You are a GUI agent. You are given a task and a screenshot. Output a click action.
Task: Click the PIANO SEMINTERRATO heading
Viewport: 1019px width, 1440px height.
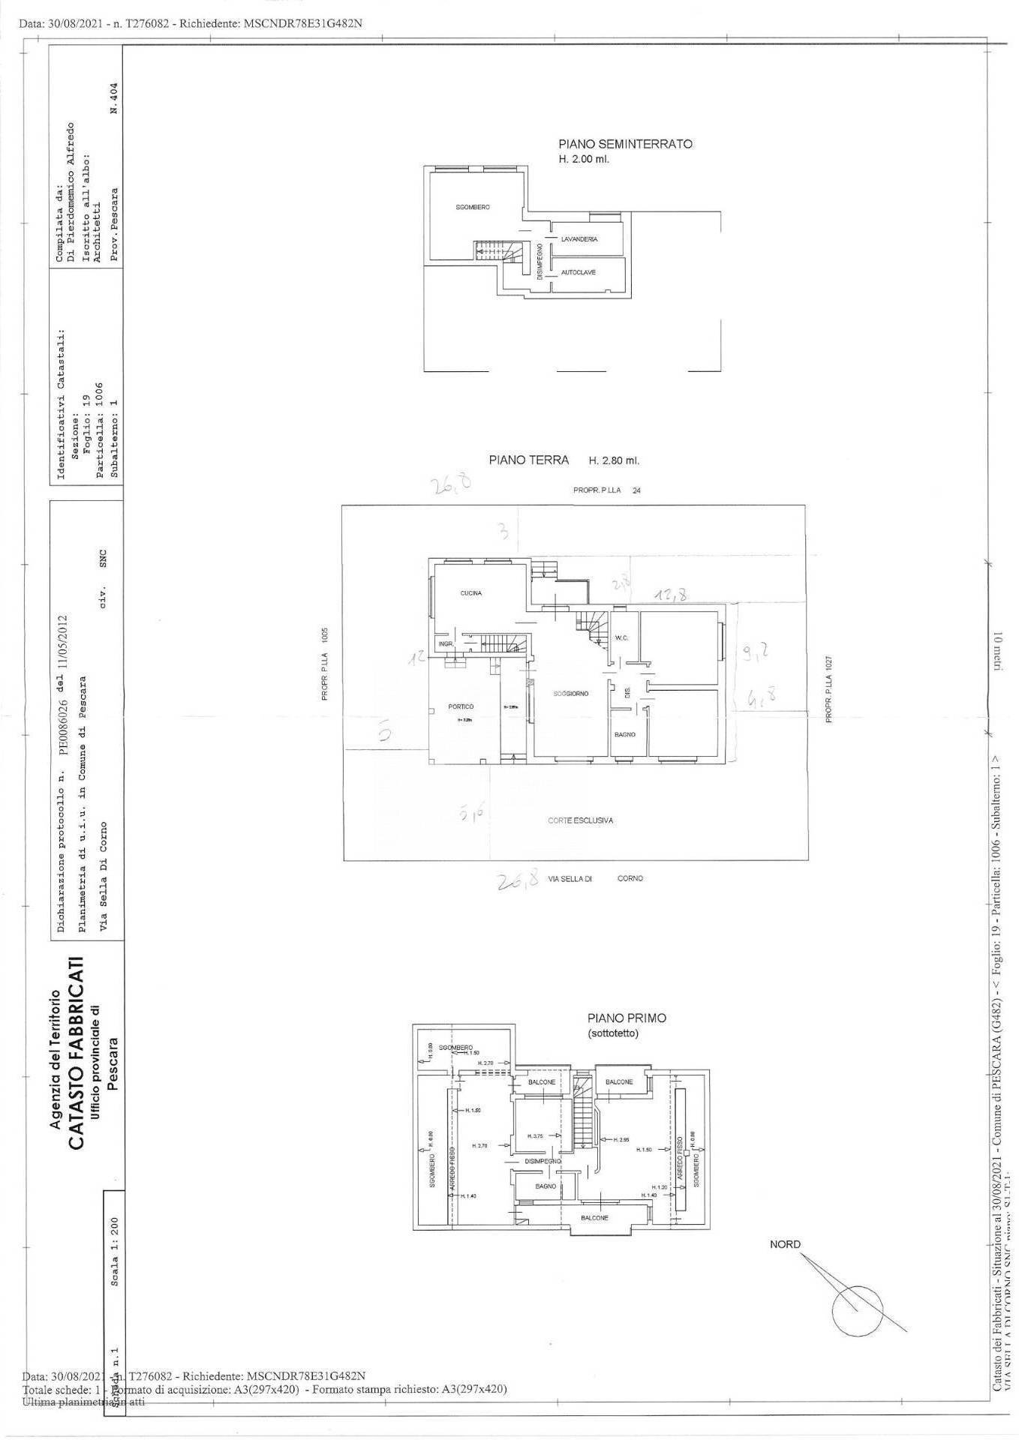(625, 144)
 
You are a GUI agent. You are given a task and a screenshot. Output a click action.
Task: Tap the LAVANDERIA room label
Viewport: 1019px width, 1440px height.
(579, 238)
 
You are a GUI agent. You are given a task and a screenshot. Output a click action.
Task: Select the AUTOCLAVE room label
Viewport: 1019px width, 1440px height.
(578, 272)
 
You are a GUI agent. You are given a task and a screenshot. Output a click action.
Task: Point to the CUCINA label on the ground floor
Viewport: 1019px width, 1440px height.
(471, 593)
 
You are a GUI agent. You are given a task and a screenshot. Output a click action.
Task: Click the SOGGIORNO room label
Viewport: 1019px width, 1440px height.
(571, 694)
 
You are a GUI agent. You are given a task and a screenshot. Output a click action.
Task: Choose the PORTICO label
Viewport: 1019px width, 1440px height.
(461, 706)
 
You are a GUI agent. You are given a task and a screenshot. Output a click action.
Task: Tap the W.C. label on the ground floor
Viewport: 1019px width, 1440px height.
(621, 638)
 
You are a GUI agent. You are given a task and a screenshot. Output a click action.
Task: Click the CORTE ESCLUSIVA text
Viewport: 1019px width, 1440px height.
(580, 820)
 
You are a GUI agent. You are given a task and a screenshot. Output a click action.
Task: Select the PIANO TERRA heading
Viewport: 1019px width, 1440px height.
(529, 460)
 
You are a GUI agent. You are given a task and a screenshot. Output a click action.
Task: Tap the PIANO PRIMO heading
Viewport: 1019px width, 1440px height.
(627, 1018)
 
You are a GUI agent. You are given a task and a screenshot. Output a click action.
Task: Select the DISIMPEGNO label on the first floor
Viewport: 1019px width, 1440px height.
(543, 1161)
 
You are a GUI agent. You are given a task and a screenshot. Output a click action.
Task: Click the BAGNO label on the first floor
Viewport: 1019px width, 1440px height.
(546, 1186)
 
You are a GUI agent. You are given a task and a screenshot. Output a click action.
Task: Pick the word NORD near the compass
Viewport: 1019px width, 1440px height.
(785, 1244)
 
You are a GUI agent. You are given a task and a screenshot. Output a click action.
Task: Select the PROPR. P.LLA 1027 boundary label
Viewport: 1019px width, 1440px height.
(829, 689)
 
